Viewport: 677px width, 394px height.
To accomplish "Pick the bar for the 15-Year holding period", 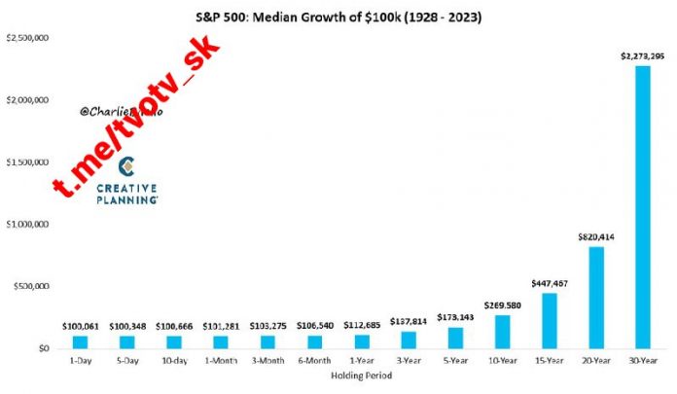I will coord(551,320).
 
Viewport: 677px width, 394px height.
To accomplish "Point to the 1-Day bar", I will coord(80,341).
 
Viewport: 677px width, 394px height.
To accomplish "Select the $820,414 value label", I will coord(595,236).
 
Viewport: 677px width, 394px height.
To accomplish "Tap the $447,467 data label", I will coord(551,283).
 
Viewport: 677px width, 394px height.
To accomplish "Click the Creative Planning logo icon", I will coord(125,162).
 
